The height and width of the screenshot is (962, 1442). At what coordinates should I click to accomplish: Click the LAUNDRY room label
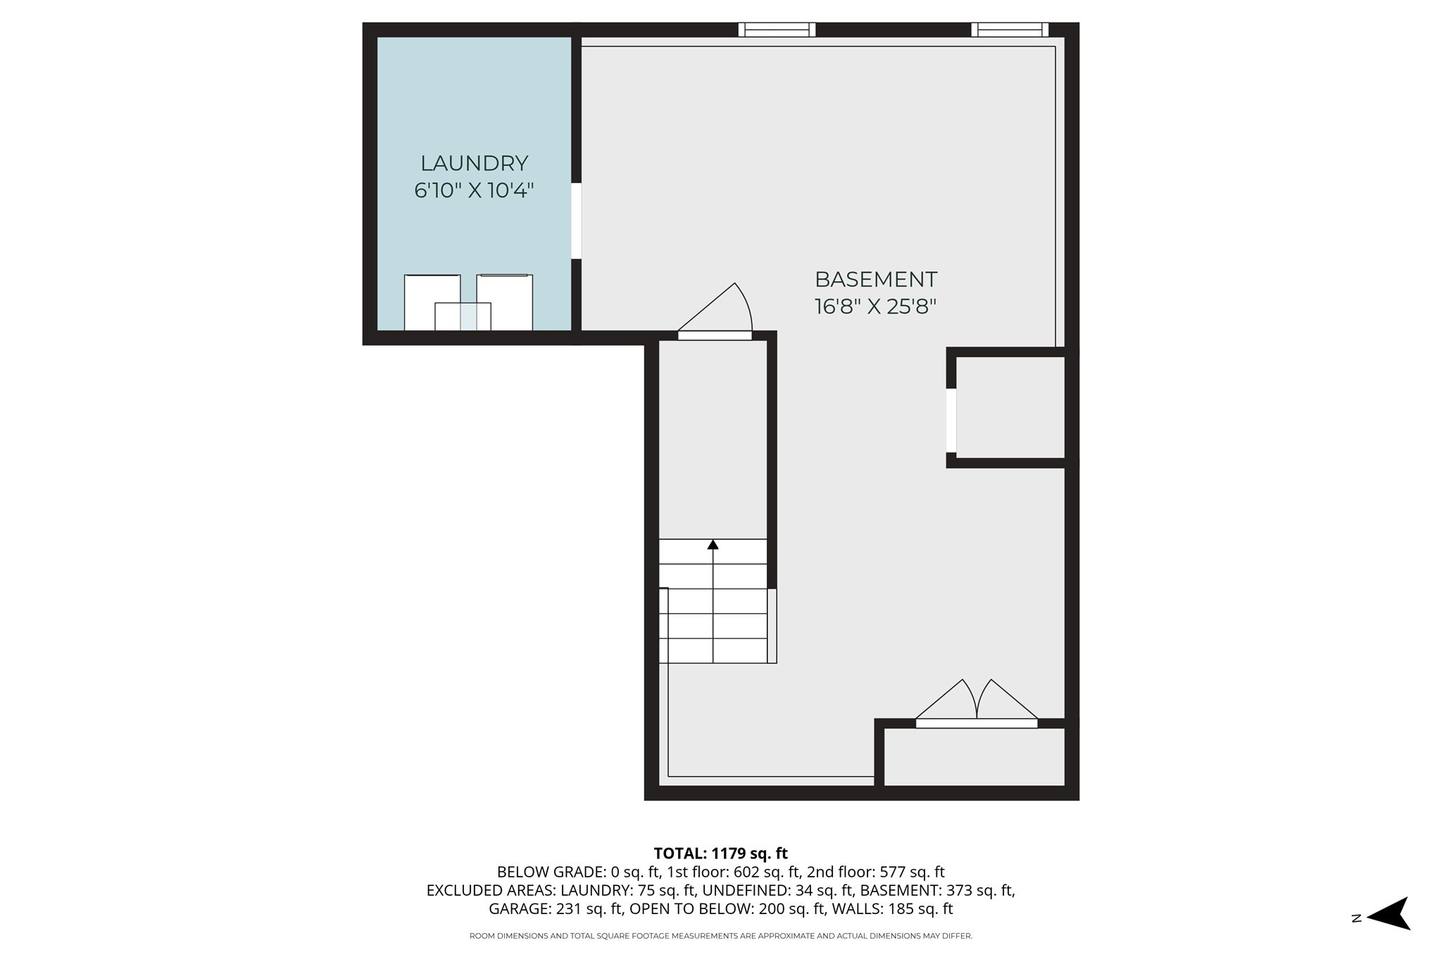[474, 163]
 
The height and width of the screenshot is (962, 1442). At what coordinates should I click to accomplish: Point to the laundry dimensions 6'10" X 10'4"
[474, 191]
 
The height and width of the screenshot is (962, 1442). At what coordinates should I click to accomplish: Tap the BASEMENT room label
[876, 280]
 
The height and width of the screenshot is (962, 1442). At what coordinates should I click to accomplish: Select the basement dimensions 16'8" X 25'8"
[876, 307]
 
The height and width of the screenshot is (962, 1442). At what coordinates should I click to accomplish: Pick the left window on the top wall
[777, 30]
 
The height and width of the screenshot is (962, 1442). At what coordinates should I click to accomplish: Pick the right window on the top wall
[1010, 30]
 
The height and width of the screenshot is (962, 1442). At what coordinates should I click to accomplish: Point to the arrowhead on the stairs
[713, 544]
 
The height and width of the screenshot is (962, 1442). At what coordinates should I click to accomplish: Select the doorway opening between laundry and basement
[576, 221]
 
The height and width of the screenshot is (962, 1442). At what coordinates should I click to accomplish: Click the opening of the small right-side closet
[951, 420]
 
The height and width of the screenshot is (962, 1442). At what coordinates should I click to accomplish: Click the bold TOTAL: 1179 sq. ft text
[720, 854]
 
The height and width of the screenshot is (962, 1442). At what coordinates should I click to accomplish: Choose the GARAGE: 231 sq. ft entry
[556, 908]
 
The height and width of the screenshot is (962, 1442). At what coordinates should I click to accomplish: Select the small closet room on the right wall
[1010, 408]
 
